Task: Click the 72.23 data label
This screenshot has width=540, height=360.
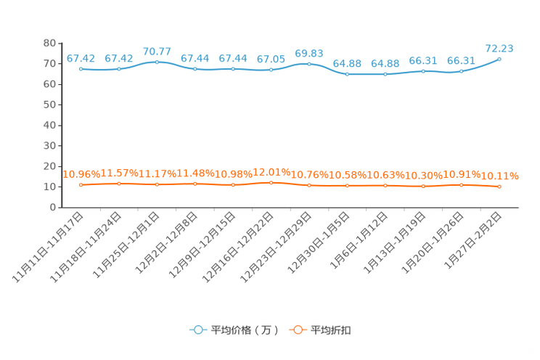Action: click(x=499, y=49)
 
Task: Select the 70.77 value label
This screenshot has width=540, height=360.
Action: click(x=157, y=52)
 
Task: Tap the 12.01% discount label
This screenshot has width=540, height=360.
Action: click(x=271, y=172)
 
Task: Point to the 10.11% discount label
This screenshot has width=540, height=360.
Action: click(x=499, y=176)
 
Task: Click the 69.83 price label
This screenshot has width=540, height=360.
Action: click(x=309, y=54)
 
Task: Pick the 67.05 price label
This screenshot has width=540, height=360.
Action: click(x=271, y=60)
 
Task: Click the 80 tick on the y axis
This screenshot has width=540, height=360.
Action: click(x=49, y=43)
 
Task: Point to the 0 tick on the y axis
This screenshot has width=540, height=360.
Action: click(x=52, y=208)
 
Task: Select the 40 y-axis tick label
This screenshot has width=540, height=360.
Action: click(x=49, y=126)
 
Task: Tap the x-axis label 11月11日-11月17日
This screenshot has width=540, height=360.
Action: click(x=48, y=247)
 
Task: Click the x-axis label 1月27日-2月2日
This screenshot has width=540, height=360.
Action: click(x=472, y=240)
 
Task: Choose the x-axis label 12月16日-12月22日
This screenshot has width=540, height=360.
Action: click(x=238, y=247)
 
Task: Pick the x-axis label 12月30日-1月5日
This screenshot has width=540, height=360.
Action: click(x=318, y=242)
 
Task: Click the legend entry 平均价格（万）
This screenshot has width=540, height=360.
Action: click(x=234, y=330)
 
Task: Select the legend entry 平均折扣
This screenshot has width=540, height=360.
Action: click(x=320, y=330)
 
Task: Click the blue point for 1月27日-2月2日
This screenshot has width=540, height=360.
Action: click(x=499, y=60)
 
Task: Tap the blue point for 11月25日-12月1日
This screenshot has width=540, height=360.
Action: click(x=157, y=62)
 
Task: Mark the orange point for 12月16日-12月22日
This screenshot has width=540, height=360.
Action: click(x=271, y=183)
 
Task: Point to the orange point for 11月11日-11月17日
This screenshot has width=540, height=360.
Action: click(x=81, y=185)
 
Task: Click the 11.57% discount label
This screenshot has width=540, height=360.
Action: click(x=119, y=173)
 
